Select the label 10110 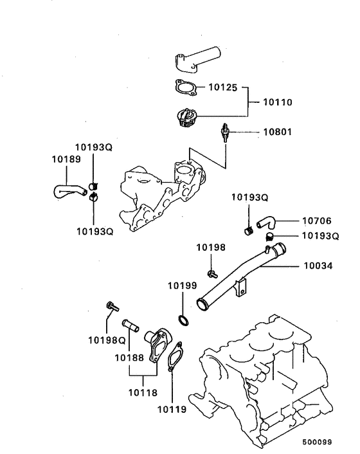pos(277,102)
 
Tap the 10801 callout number pos(277,132)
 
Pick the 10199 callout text pos(183,286)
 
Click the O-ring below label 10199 pos(183,320)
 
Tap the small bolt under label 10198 pos(212,274)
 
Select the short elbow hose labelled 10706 pos(265,222)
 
